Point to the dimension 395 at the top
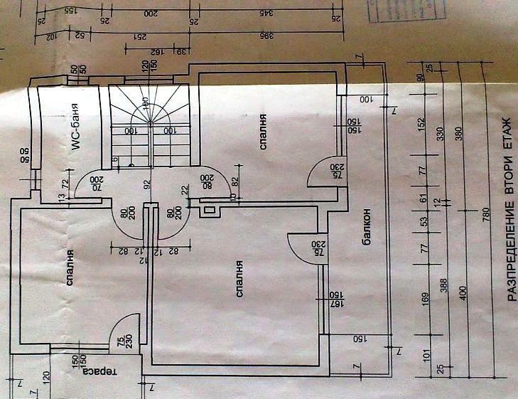tap(263, 35)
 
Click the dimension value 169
tap(424, 299)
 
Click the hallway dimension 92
tap(147, 185)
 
